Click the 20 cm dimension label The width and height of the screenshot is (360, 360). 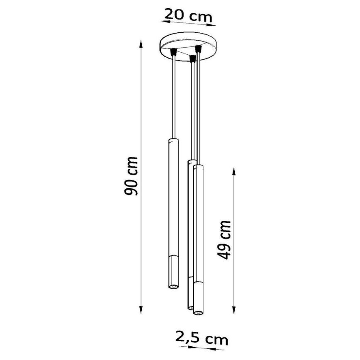click(x=187, y=15)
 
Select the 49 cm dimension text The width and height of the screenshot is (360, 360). click(x=224, y=239)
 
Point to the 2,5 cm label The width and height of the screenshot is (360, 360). click(x=202, y=339)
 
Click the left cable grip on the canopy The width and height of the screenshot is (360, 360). click(x=174, y=52)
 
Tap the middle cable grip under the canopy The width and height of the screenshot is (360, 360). click(x=192, y=59)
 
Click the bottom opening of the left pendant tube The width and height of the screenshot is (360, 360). click(x=173, y=287)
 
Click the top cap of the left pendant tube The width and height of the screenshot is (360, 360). click(x=173, y=140)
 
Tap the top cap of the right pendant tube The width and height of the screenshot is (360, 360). click(x=198, y=166)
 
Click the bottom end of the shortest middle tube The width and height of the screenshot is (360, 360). click(x=190, y=307)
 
